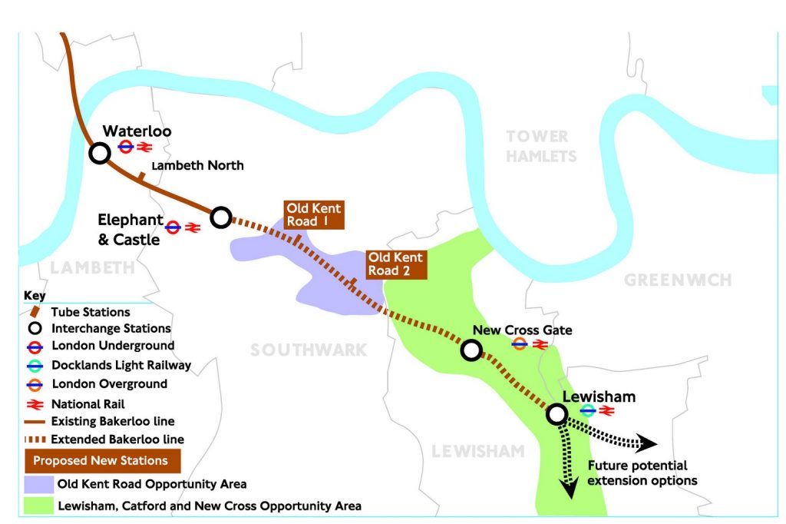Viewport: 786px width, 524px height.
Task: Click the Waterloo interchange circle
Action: [x=99, y=154]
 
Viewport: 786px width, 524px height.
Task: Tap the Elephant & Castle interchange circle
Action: [x=220, y=217]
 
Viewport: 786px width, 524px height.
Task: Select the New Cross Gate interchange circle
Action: [x=471, y=351]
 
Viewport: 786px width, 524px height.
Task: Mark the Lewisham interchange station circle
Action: [x=556, y=414]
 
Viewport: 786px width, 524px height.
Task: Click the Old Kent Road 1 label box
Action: [x=313, y=215]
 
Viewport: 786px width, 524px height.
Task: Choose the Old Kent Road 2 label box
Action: [x=395, y=264]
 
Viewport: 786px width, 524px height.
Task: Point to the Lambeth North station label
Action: [x=198, y=165]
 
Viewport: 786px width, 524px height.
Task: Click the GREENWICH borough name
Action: [x=678, y=280]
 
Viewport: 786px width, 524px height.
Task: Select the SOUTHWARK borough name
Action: [x=309, y=350]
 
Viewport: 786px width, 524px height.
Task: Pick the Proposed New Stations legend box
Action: [x=104, y=461]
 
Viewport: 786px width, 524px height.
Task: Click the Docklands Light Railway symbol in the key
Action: [x=36, y=365]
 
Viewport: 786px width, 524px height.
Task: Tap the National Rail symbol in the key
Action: [x=36, y=403]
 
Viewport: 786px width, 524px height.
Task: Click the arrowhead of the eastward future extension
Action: [x=649, y=444]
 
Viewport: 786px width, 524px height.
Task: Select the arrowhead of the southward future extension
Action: [x=569, y=491]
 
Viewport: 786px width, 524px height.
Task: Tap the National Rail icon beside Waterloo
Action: [x=146, y=146]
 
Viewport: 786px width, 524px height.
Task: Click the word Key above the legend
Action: [x=35, y=295]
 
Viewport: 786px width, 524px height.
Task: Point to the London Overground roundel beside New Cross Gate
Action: [x=520, y=345]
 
